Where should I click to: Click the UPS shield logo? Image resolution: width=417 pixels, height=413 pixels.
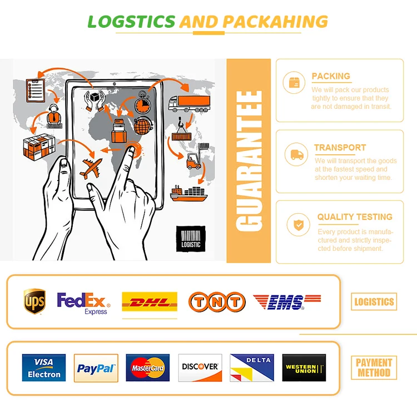point(34,301)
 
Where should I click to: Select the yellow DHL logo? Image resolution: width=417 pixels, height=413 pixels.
point(150,303)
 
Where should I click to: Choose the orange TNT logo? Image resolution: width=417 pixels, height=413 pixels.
point(216,302)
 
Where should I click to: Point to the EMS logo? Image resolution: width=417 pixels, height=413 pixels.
point(287,302)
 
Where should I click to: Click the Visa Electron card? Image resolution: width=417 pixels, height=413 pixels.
point(44,367)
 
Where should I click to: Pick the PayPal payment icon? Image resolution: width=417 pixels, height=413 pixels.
point(96,367)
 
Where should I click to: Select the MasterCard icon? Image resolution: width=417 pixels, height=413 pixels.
point(148,367)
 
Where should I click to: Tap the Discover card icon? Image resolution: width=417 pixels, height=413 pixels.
point(200,367)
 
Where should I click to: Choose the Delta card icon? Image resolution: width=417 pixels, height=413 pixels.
point(252,367)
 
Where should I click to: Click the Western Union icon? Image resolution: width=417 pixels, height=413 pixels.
point(304,367)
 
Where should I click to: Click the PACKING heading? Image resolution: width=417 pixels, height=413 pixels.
point(331,76)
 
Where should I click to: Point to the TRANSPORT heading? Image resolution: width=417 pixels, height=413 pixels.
point(340,148)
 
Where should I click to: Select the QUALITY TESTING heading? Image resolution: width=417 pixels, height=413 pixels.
point(355,217)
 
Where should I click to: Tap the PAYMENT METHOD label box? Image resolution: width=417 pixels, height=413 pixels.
point(374,367)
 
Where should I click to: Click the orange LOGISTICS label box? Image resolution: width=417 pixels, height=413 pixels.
point(374,302)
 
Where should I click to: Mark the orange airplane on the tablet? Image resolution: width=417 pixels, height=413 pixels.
point(92,167)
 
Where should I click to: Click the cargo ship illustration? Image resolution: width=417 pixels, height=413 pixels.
point(188,193)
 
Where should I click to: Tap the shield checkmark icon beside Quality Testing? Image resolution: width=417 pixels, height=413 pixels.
point(298,225)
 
